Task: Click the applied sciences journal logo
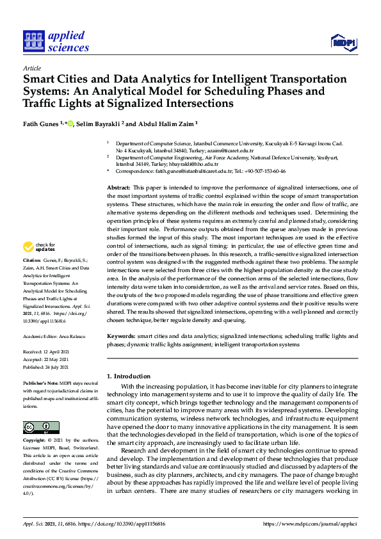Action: pyautogui.click(x=56, y=42)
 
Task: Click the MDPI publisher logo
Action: pyautogui.click(x=343, y=42)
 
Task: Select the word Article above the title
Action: pyautogui.click(x=31, y=68)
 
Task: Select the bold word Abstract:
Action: pyautogui.click(x=118, y=186)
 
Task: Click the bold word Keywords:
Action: pyautogui.click(x=120, y=335)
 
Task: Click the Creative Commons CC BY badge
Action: pyautogui.click(x=36, y=428)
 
